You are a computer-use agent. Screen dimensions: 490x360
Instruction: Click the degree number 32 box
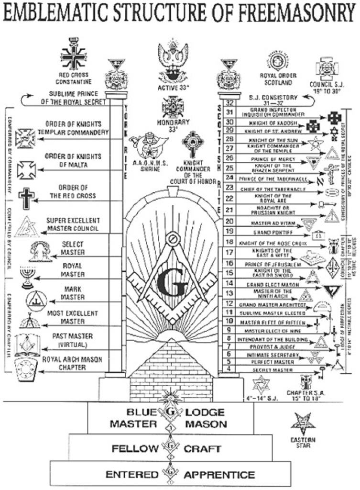[229, 102]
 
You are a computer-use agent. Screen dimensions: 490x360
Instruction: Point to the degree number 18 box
[229, 242]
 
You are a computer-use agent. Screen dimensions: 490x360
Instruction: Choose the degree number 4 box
[229, 368]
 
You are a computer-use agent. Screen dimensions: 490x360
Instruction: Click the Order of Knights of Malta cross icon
[26, 169]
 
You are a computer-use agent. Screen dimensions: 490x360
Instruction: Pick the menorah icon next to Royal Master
[28, 277]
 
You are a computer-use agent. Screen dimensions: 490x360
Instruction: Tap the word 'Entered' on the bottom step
[131, 475]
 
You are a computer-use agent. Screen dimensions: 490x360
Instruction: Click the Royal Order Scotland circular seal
[278, 62]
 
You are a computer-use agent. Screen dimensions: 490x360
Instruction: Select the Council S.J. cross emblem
[327, 69]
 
